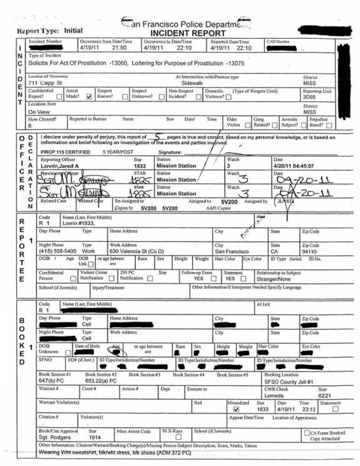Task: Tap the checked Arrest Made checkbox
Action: (89, 97)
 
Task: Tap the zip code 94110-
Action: (310, 251)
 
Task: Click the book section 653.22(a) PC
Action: (100, 380)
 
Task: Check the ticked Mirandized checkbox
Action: (236, 409)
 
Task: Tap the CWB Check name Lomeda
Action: (274, 396)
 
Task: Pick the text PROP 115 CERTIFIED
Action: (65, 152)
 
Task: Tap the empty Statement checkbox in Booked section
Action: (336, 409)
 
